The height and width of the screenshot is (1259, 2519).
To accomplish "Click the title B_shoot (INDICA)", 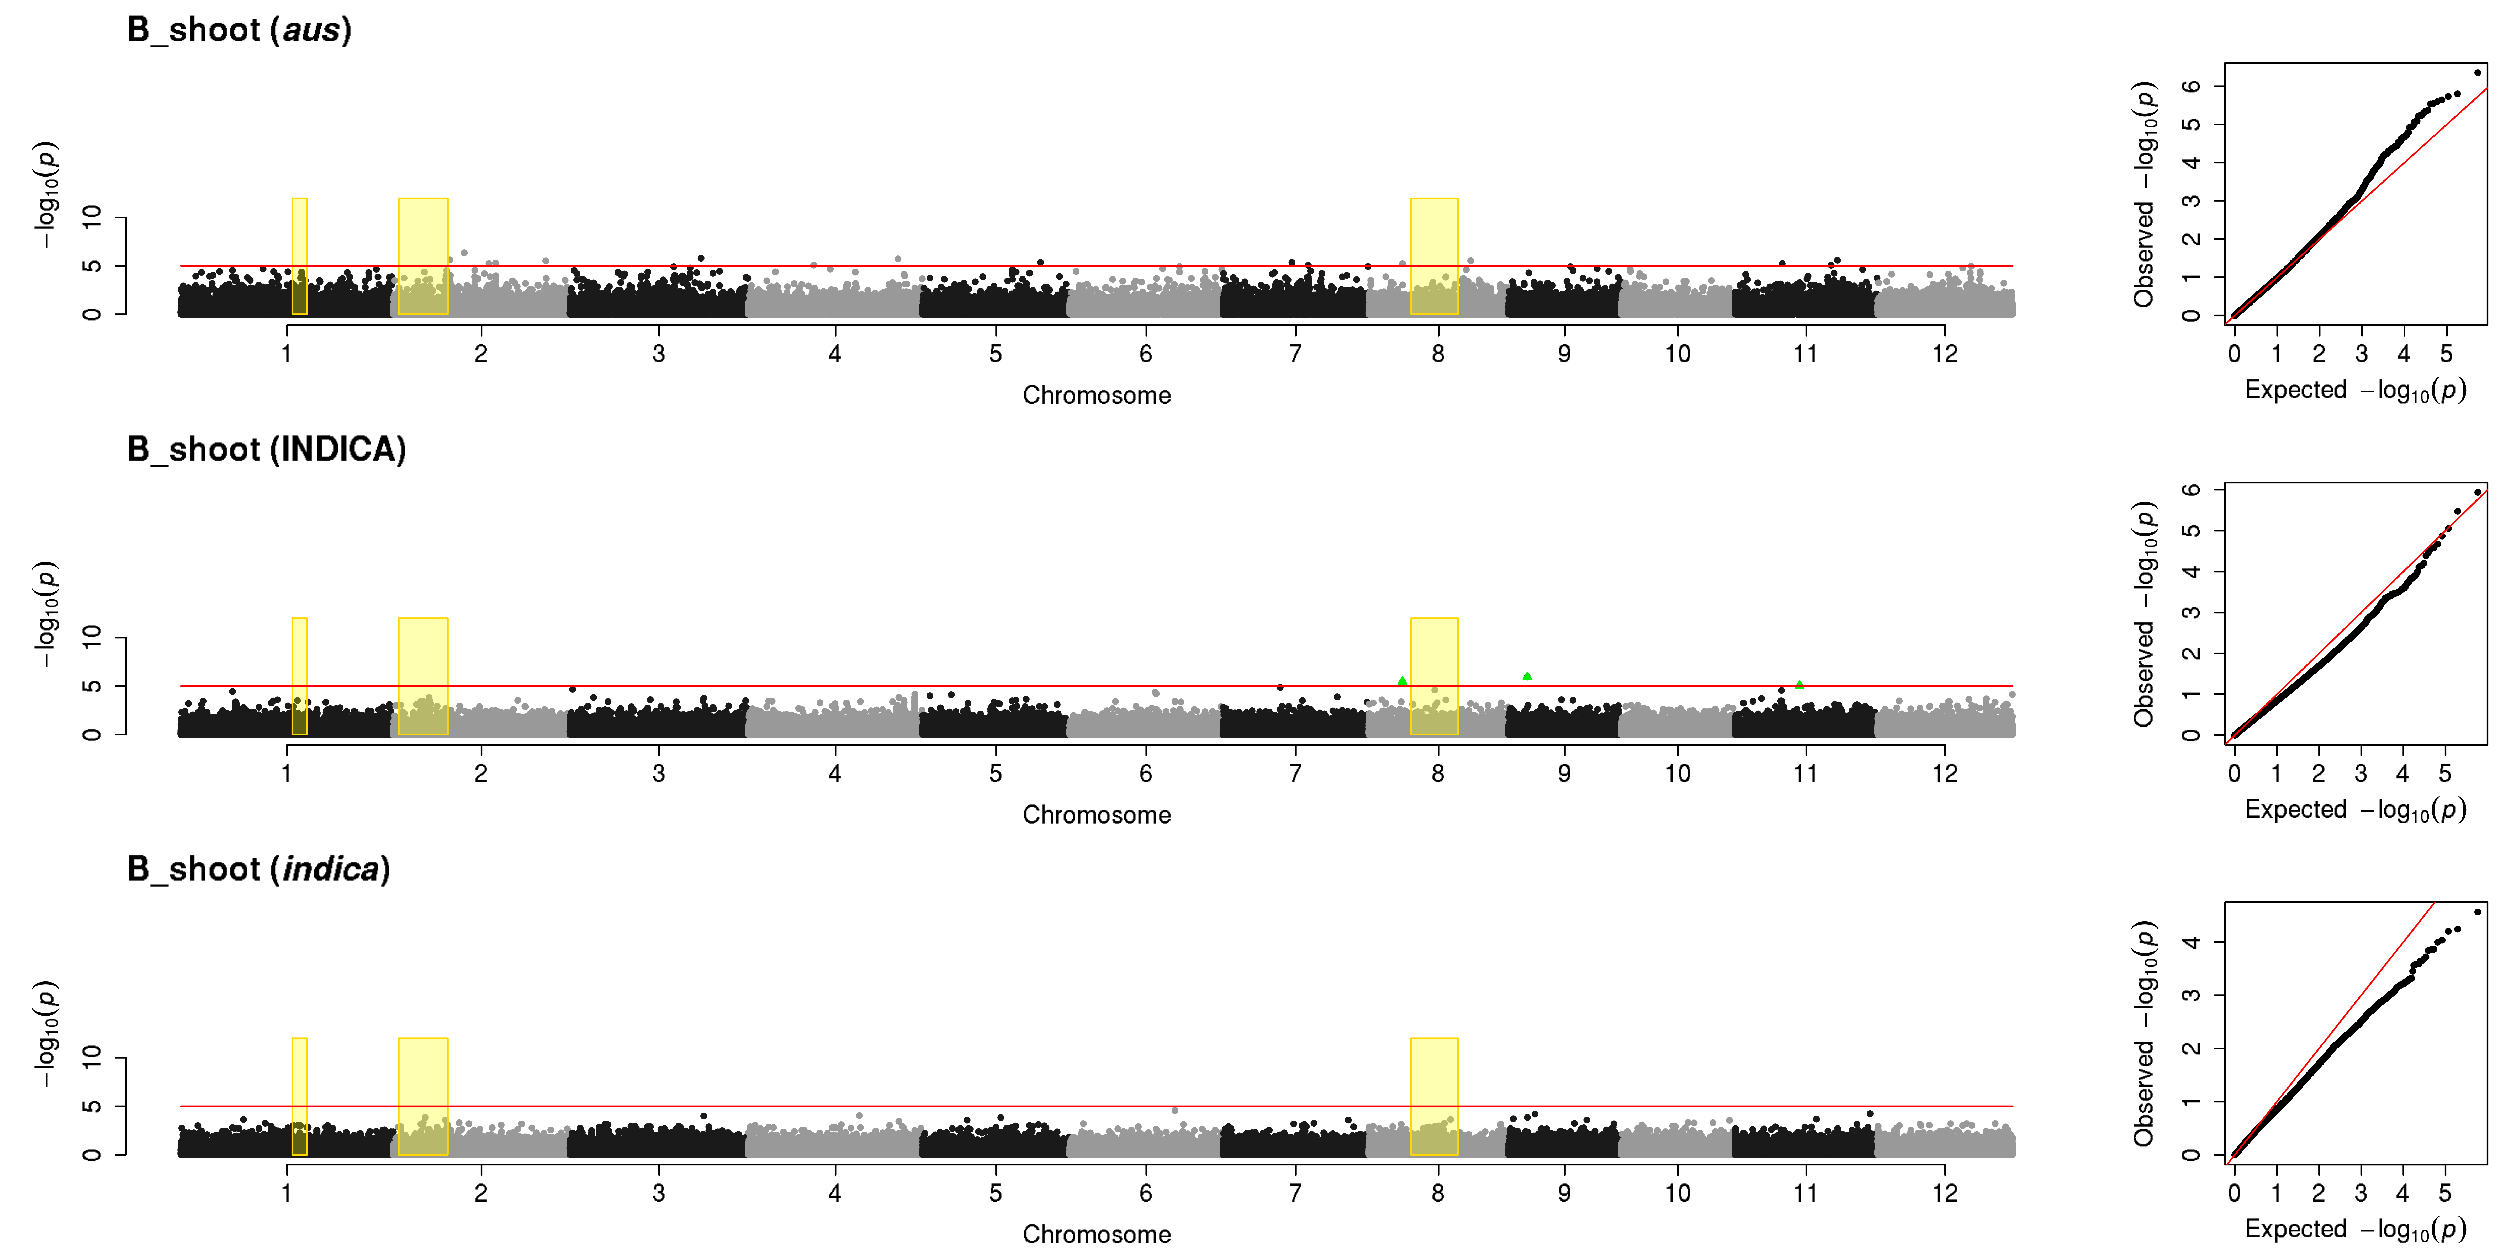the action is tap(266, 450).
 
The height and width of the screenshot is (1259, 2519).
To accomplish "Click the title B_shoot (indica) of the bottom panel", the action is tap(258, 869).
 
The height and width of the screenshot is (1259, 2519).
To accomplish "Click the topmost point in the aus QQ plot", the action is tap(2477, 72).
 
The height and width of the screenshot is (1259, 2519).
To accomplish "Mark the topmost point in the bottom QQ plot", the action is tap(2477, 912).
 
